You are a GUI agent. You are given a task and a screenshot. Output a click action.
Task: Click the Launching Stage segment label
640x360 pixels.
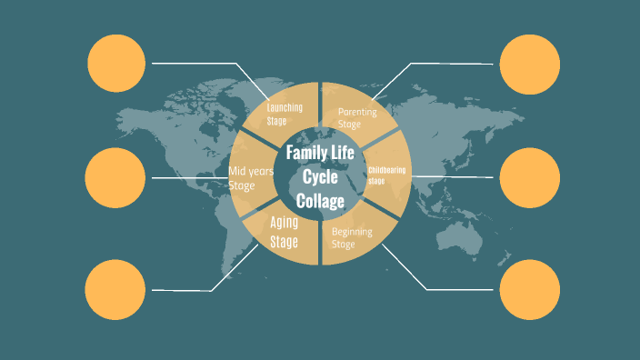click(285, 114)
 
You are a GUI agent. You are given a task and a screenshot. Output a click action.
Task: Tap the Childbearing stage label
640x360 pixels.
click(387, 175)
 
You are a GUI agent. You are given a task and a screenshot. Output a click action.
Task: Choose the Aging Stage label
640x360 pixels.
click(285, 231)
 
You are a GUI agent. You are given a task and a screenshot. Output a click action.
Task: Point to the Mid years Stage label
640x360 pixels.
click(250, 177)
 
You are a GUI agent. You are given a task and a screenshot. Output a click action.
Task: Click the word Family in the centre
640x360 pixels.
click(305, 153)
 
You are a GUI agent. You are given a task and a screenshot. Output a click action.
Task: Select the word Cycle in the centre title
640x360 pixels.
click(319, 176)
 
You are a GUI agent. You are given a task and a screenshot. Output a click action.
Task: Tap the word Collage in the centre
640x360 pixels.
click(320, 201)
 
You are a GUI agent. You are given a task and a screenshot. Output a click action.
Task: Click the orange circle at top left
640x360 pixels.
click(116, 63)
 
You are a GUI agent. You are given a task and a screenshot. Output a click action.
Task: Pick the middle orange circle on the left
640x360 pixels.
click(114, 177)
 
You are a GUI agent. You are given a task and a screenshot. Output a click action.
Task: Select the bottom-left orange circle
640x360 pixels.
click(115, 289)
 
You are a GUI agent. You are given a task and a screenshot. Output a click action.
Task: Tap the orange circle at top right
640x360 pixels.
click(530, 64)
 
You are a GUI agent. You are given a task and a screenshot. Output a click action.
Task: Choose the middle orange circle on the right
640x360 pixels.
click(530, 177)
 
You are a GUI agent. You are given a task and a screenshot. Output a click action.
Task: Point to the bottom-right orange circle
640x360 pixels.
click(530, 289)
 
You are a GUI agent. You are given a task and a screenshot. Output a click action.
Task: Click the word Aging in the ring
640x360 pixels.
click(285, 222)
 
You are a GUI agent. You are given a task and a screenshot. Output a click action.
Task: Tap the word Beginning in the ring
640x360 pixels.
click(352, 232)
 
